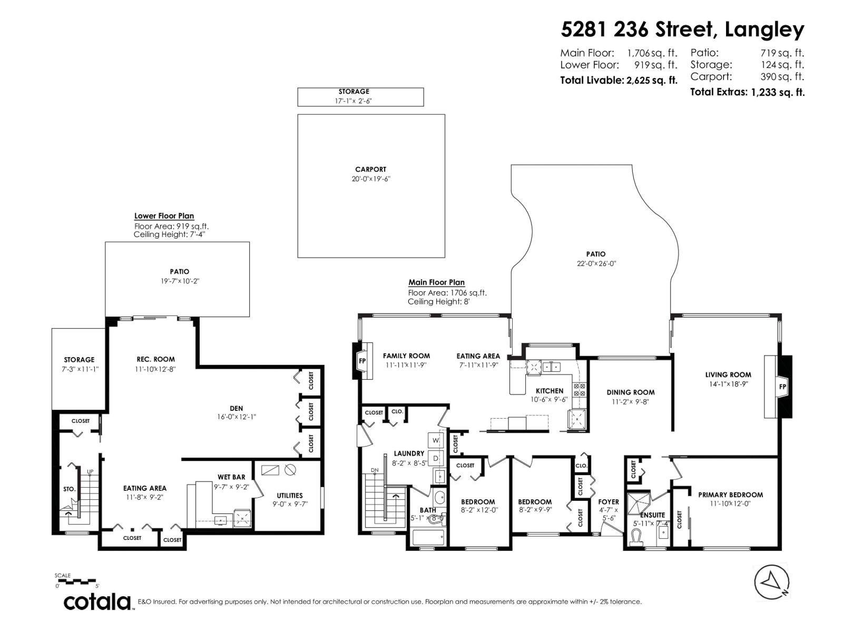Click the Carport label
pyautogui.click(x=370, y=170)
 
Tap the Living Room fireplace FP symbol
pyautogui.click(x=782, y=387)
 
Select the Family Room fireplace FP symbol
pyautogui.click(x=362, y=361)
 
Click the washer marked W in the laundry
pyautogui.click(x=436, y=440)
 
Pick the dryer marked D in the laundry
pyautogui.click(x=436, y=458)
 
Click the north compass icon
pyautogui.click(x=771, y=581)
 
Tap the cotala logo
pyautogui.click(x=97, y=601)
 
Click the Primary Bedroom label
pyautogui.click(x=730, y=495)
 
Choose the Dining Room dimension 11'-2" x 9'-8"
pyautogui.click(x=630, y=402)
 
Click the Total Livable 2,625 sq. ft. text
pyautogui.click(x=618, y=81)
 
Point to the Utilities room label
pyautogui.click(x=290, y=496)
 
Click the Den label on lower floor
pyautogui.click(x=236, y=408)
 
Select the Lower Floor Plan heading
pyautogui.click(x=164, y=216)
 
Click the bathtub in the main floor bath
pyautogui.click(x=428, y=538)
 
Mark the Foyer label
pyautogui.click(x=609, y=502)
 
